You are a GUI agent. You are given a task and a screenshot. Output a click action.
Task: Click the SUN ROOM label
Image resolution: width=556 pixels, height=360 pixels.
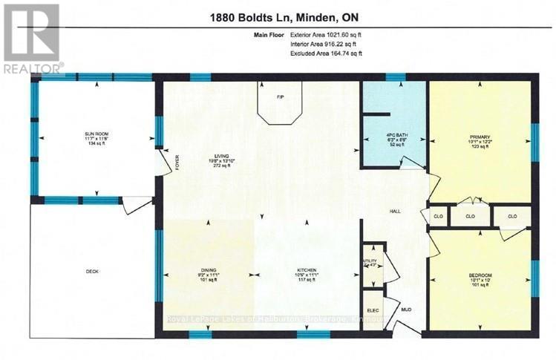coord(96,134)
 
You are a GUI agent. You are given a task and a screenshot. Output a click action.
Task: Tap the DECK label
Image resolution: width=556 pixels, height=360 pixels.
coord(92,272)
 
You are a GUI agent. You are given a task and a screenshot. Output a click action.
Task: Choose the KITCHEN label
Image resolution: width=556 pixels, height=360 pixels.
coord(307,270)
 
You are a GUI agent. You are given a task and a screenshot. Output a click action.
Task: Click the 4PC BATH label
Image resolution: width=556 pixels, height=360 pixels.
coord(393,134)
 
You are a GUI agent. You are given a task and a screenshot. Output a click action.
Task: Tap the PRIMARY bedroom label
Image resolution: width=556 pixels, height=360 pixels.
coord(479,136)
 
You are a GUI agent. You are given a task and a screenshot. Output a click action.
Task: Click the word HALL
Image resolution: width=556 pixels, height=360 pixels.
coord(396,212)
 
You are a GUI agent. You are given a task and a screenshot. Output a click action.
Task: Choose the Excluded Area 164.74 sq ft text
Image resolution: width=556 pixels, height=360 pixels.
coord(326,53)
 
